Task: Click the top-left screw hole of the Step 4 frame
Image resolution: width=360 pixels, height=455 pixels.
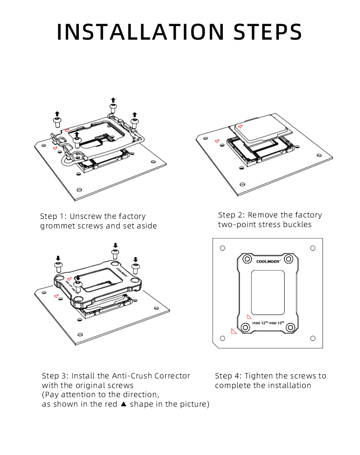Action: click(247, 259)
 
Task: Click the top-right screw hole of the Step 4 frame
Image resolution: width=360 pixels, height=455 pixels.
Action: click(289, 259)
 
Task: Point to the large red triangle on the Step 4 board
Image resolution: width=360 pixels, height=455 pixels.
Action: click(233, 331)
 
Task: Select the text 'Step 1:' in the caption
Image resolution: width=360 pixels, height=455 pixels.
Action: click(54, 216)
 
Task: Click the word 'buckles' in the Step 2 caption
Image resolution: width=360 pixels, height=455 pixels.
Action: click(297, 225)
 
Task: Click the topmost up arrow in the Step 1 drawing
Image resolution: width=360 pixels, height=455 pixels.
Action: click(113, 100)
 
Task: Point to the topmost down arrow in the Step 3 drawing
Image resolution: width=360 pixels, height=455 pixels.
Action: click(115, 245)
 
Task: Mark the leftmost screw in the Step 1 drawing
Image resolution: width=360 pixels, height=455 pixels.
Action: click(57, 122)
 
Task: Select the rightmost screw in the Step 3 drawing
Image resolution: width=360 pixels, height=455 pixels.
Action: click(135, 266)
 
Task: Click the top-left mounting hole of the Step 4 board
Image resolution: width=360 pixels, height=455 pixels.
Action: click(222, 248)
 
